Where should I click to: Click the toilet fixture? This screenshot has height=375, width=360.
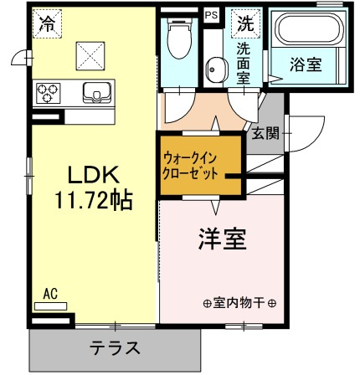177,42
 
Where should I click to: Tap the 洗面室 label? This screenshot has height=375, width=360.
244,63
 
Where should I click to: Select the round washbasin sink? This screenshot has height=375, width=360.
214,69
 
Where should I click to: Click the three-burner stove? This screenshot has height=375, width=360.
49,90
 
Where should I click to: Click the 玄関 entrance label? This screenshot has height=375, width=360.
263,131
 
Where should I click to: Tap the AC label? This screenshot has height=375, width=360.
49,294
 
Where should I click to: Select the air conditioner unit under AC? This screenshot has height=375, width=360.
50,307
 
